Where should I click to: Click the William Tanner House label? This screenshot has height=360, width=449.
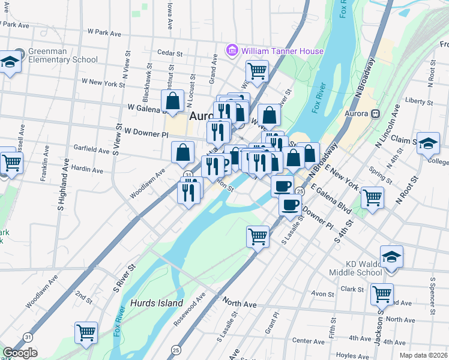click(282, 51)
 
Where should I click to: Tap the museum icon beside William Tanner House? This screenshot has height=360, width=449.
click(232, 51)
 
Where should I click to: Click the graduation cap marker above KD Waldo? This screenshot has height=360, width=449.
click(391, 256)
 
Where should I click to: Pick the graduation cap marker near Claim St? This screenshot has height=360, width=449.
click(427, 143)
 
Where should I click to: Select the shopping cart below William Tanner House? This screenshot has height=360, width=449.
click(257, 70)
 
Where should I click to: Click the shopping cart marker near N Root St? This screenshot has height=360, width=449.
click(372, 197)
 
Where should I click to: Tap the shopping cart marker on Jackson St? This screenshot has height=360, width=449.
click(382, 294)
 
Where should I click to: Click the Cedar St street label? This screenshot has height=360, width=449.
click(169, 52)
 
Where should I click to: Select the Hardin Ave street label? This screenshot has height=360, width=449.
click(87, 170)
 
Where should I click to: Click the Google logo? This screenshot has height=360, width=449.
click(20, 353)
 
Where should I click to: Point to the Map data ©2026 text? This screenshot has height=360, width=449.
click(423, 355)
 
